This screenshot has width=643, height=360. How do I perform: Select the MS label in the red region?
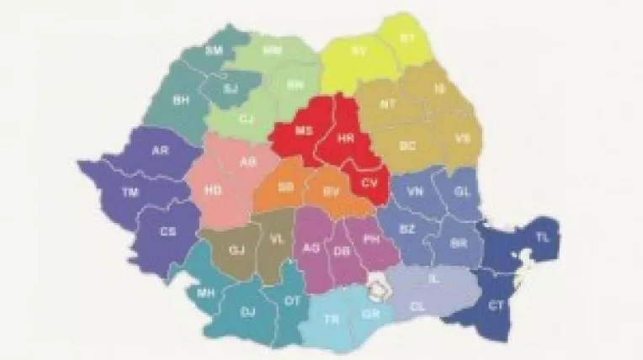pyautogui.click(x=303, y=130)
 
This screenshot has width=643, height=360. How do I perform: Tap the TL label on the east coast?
pyautogui.click(x=543, y=238)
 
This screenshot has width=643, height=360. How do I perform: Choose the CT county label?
pyautogui.click(x=496, y=306)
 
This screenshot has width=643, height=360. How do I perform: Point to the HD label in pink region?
pyautogui.click(x=213, y=191)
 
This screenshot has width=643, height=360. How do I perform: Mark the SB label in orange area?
pyautogui.click(x=286, y=186)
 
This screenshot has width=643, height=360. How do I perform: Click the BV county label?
pyautogui.click(x=332, y=192)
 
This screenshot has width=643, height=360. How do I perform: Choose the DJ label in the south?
pyautogui.click(x=247, y=311)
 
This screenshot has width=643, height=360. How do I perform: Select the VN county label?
pyautogui.click(x=415, y=192)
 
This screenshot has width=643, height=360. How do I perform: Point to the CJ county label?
pyautogui.click(x=247, y=119)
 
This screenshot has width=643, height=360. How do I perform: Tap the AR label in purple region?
pyautogui.click(x=159, y=151)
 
